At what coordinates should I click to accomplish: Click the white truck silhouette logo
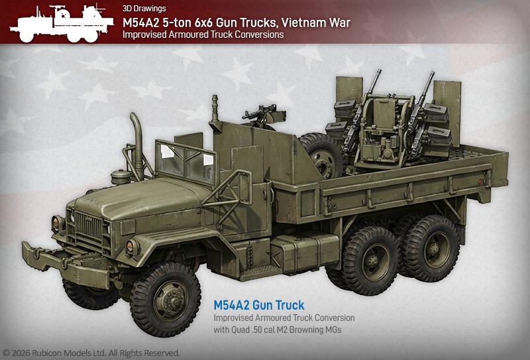pyautogui.click(x=62, y=23)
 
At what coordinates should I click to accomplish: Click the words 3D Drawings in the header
pyautogui.click(x=144, y=9)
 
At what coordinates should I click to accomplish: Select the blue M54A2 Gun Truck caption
pyautogui.click(x=259, y=305)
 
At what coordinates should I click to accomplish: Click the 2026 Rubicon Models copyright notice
pyautogui.click(x=91, y=353)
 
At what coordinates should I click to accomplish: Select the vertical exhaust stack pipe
pyautogui.click(x=138, y=145)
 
